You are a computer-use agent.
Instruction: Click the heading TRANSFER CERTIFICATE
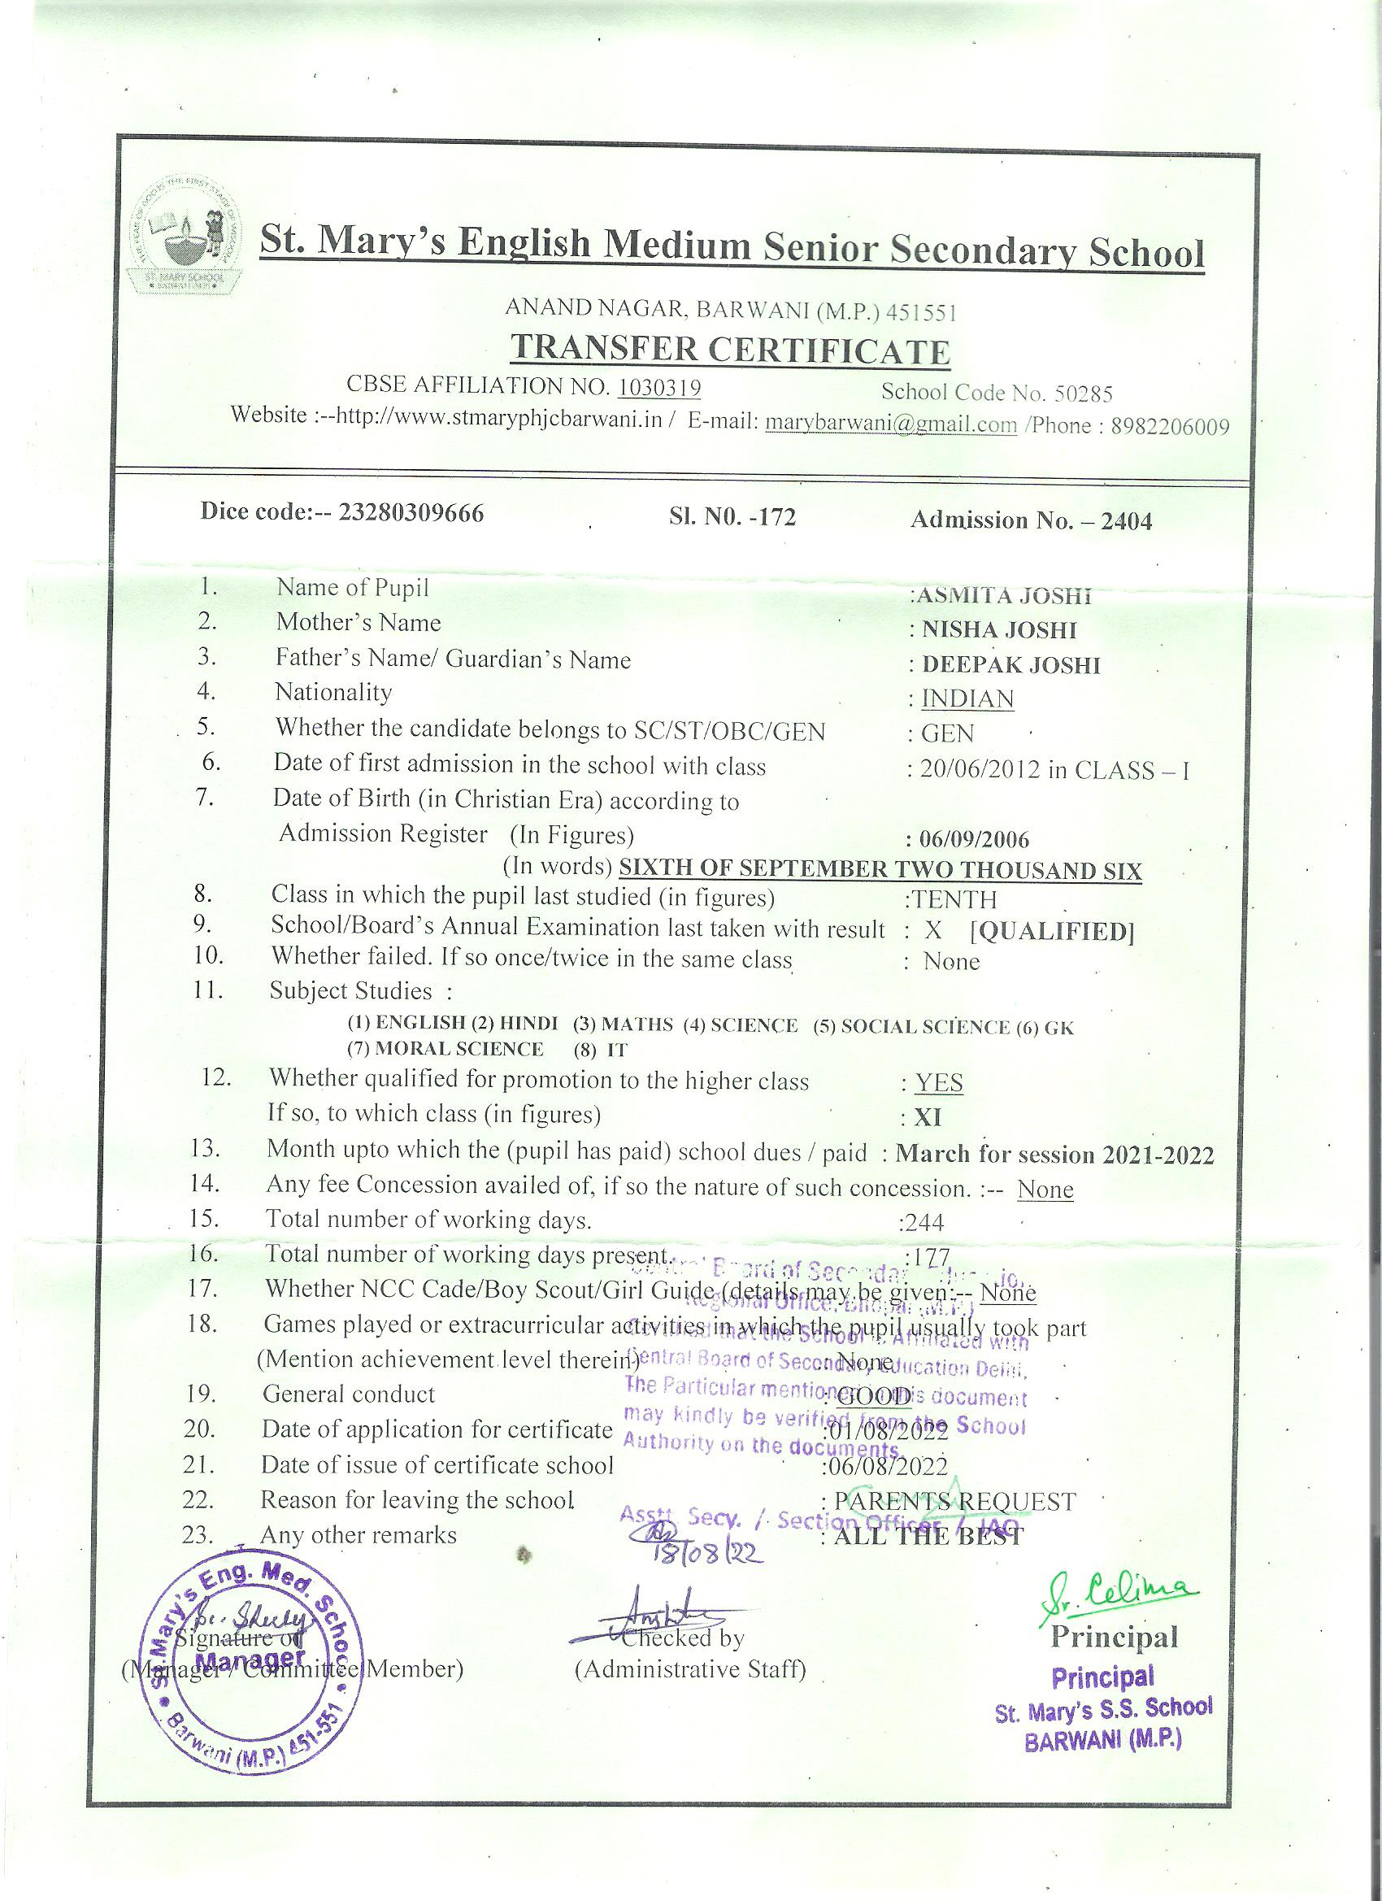coord(730,350)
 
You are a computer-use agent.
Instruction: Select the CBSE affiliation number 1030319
coord(659,386)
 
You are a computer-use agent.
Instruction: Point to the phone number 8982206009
coord(1170,427)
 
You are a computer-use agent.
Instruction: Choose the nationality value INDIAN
coord(967,699)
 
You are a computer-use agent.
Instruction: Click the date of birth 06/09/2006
coord(974,839)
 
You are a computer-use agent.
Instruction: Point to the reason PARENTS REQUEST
coord(954,1501)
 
